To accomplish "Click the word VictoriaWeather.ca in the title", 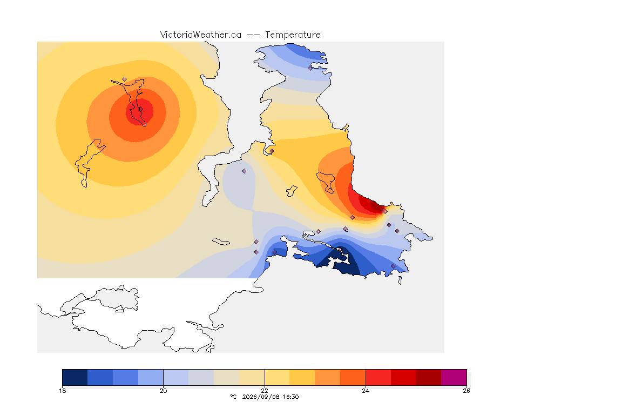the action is point(201,35).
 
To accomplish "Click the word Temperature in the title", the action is point(293,35).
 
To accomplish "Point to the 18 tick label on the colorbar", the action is point(62,391).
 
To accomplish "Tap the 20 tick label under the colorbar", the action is point(164,391).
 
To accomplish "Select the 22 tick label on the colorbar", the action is point(265,391).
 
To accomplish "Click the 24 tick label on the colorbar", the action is point(366,391).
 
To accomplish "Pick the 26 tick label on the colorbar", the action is point(466,391).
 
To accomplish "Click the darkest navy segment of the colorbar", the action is point(75,377).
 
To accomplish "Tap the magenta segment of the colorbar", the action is point(454,377).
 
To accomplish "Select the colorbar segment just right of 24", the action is point(378,377).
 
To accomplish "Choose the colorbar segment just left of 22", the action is point(252,377).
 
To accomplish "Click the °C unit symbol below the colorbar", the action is point(233,397).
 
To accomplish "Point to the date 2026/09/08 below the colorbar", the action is point(258,397).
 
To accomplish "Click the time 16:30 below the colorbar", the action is point(290,397).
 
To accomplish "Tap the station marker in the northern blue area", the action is point(310,68).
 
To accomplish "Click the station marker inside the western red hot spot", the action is point(140,109).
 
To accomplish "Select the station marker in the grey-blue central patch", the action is point(245,171).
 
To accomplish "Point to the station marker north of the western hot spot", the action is point(125,79).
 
